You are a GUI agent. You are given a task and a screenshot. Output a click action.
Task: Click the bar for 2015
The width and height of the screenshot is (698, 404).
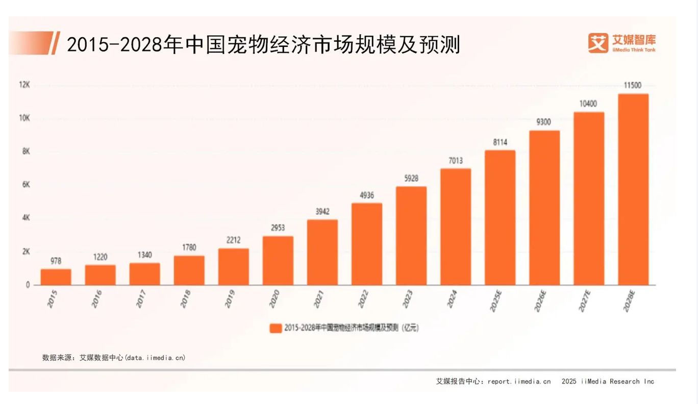pos(56,277)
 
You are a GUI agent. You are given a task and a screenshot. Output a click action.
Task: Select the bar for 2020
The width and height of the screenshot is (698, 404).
pos(278,261)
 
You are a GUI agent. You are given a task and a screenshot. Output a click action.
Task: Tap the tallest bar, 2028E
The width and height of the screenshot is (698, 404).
pos(633,189)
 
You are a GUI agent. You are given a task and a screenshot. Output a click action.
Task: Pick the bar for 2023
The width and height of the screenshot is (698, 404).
pos(411,236)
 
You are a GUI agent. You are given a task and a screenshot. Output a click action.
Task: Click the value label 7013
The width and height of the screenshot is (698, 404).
pos(456,161)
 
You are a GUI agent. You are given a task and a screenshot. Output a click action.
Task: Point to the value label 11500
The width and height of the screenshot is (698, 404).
pos(633,85)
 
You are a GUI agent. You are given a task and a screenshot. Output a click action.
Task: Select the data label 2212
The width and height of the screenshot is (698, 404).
pos(233,240)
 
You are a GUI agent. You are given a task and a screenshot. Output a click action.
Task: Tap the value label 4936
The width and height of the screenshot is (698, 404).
pos(366,195)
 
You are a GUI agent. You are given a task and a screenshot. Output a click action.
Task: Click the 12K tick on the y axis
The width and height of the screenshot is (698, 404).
pos(24,85)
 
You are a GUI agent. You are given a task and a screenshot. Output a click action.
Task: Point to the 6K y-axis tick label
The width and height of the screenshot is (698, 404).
pos(26,185)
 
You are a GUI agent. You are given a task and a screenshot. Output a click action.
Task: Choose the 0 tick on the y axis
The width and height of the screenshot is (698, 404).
pos(28,285)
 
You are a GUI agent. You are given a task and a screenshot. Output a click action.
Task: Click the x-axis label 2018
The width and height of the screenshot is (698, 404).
pos(186,299)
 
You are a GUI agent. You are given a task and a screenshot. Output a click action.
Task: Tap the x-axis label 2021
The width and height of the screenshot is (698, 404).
pos(319,299)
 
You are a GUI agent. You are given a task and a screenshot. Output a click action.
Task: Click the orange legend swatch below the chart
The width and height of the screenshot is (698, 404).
pos(276,328)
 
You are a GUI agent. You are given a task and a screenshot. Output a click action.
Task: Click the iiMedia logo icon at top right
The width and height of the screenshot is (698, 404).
pos(598,43)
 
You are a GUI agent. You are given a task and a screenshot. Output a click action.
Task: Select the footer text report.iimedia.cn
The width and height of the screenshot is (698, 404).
pos(519,381)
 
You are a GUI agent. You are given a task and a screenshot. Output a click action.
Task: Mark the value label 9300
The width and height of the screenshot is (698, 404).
pos(544,122)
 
